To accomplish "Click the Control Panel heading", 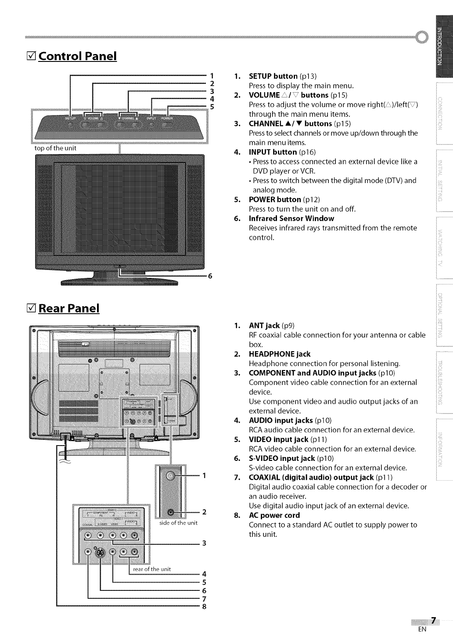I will [78, 56].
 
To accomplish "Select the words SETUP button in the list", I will [273, 76].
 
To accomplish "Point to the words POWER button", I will [275, 199].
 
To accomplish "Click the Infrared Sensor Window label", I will [291, 218].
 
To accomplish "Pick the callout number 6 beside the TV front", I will [210, 276].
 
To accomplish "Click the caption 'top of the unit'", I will [55, 148].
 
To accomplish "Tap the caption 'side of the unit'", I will [178, 523].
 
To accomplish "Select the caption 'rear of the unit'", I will [152, 569].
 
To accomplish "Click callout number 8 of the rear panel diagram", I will [204, 607].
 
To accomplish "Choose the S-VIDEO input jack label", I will [281, 458].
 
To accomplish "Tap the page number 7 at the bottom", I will [433, 620].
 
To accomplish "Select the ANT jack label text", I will [264, 325].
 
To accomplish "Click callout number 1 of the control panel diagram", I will [212, 75].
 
